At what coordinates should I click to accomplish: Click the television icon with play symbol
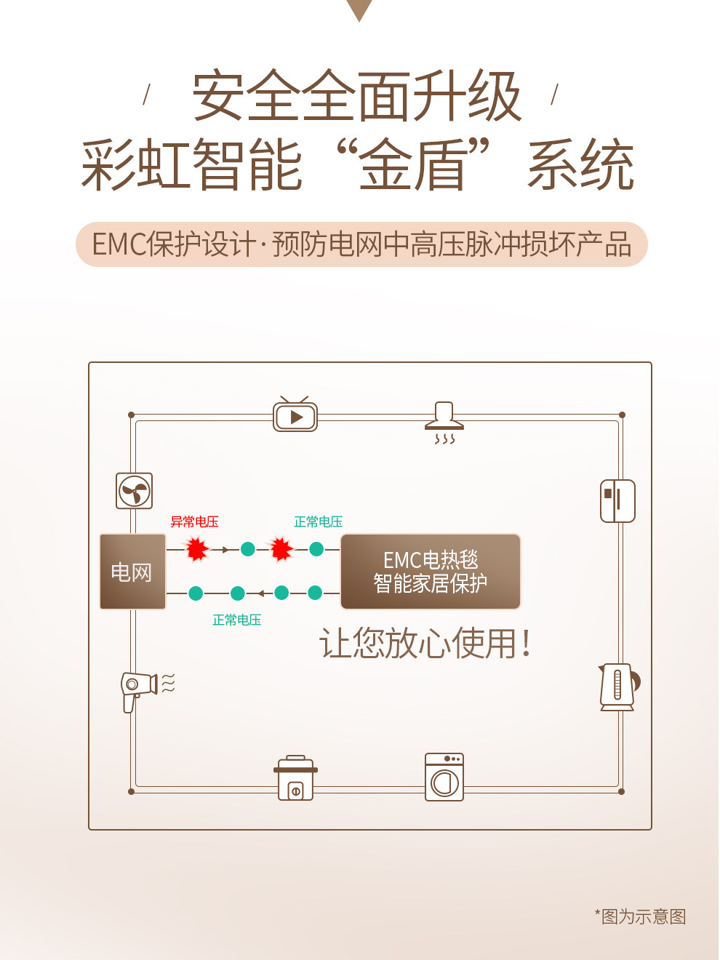[295, 415]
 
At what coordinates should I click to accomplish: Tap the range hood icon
[444, 421]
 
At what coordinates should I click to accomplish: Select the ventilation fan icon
[135, 491]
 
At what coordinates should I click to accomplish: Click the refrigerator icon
[617, 500]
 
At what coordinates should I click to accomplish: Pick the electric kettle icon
[618, 687]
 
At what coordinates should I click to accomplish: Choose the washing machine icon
[444, 777]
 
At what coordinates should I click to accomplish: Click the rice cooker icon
[295, 778]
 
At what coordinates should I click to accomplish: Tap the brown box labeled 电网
[132, 572]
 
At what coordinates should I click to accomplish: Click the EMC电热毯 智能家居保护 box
[431, 572]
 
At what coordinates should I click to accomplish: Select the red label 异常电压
[194, 521]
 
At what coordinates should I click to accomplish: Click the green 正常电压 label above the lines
[318, 521]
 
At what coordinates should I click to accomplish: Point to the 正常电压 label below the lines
[236, 620]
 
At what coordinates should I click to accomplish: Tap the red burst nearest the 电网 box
[196, 549]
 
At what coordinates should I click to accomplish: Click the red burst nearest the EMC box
[281, 549]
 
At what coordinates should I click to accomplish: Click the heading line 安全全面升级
[356, 97]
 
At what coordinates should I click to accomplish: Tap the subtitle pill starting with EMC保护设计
[361, 244]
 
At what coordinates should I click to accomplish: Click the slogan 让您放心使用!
[425, 644]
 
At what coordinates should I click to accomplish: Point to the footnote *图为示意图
[641, 916]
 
